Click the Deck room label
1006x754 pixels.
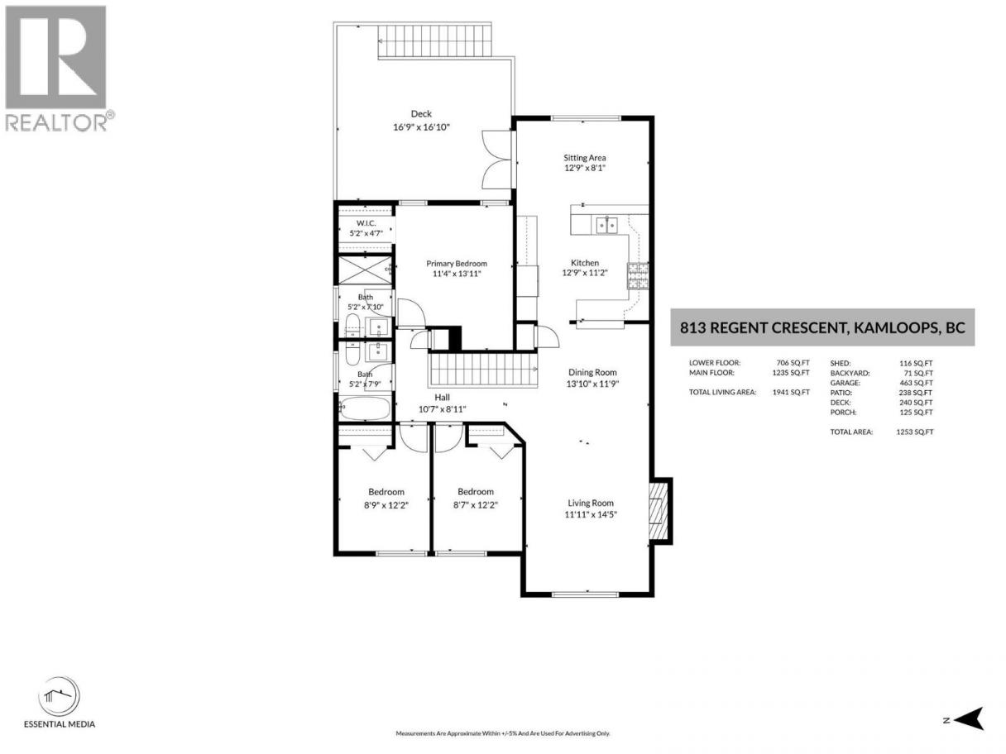coord(421,113)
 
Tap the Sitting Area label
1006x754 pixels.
coord(584,157)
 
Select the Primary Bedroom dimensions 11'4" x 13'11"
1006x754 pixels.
coord(456,274)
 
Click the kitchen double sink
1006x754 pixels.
coord(606,226)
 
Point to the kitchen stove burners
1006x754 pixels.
coord(638,275)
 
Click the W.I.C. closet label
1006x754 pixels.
coord(366,223)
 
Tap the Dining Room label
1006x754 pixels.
coord(592,372)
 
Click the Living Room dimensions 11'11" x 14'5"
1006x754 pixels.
coord(591,514)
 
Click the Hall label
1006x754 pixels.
coord(442,398)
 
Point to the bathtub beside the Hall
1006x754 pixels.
coord(365,408)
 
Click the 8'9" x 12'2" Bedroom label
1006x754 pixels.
coord(386,499)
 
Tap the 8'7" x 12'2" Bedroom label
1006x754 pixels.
coord(475,499)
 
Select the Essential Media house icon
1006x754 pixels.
coord(59,696)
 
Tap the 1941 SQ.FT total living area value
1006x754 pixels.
coord(791,393)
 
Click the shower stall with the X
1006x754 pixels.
coord(366,270)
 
